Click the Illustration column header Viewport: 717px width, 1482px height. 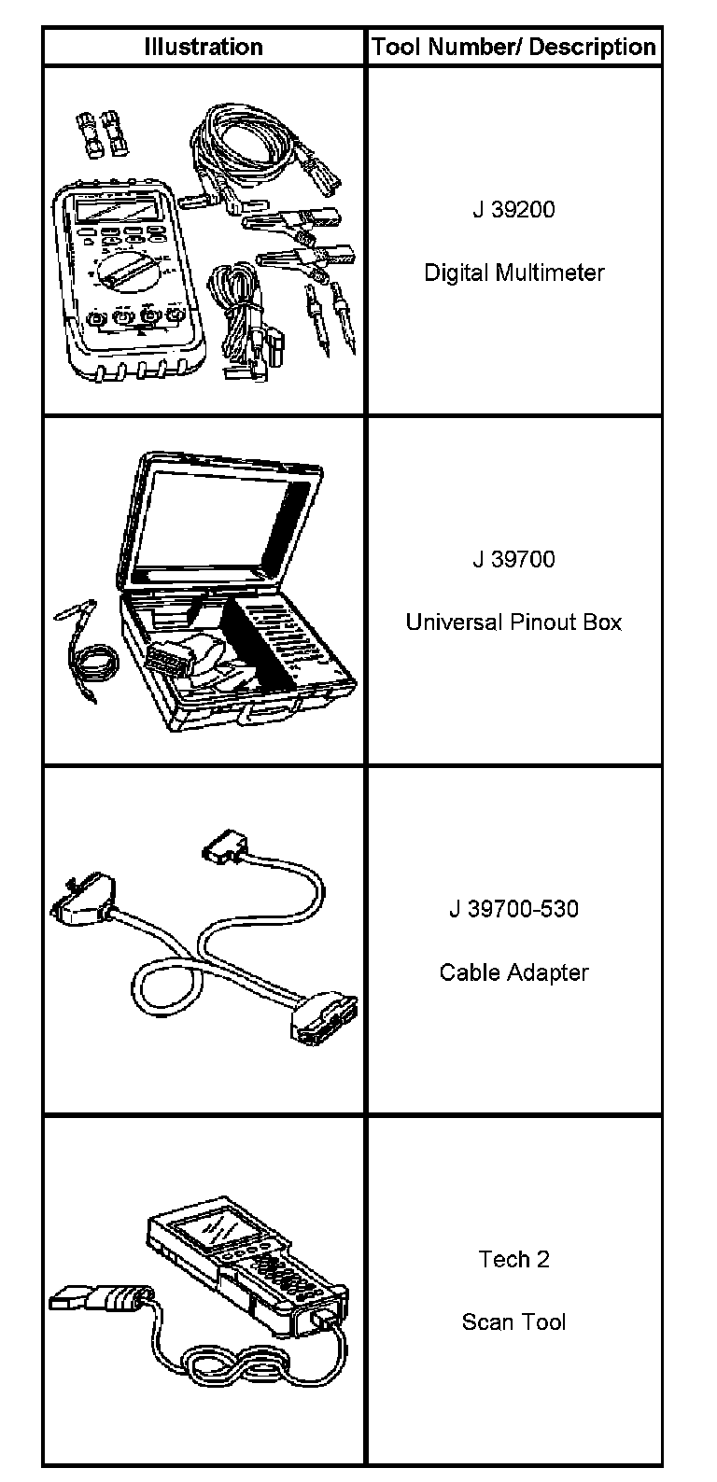[x=203, y=47]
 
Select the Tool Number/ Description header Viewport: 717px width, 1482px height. [x=513, y=47]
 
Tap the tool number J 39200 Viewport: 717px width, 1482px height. [x=513, y=209]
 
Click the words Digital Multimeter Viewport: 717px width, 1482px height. [x=513, y=273]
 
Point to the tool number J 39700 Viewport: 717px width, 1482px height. [x=513, y=559]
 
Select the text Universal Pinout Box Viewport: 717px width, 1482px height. [x=513, y=622]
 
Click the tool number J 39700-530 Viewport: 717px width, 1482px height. [x=513, y=908]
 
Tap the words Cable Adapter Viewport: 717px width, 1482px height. [x=513, y=972]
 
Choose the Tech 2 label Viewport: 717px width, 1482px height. [x=513, y=1259]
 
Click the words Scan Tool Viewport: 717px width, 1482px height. [x=513, y=1322]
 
